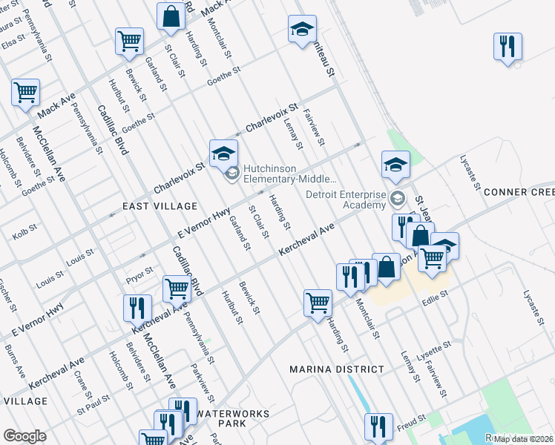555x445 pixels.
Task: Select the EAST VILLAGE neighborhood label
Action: (160, 205)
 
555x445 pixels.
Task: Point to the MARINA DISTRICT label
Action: (337, 369)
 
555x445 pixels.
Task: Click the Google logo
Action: (24, 436)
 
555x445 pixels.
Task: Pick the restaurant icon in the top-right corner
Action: (508, 46)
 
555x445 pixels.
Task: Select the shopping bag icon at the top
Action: (171, 16)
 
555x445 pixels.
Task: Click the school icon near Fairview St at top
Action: (302, 30)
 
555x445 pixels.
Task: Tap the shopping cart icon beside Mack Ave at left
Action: (25, 93)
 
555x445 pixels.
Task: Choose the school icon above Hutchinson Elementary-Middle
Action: (223, 154)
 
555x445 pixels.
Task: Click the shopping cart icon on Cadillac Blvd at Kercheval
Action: (177, 289)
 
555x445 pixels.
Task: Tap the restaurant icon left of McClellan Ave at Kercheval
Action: (138, 307)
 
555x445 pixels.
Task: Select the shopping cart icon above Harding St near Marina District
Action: (318, 303)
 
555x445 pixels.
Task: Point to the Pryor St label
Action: (139, 271)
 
